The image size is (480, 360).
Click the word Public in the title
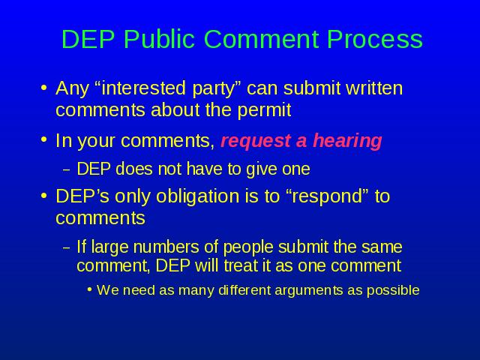159,40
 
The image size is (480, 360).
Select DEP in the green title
88,39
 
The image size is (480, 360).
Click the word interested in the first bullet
143,88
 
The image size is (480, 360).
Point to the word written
374,88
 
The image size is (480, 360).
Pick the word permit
264,110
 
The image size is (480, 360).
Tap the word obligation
197,196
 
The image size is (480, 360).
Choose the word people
248,247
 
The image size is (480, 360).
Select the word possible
393,290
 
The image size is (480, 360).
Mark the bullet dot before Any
44,88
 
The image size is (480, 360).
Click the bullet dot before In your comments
44,140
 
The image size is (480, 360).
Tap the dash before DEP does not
67,170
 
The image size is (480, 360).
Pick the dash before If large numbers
67,248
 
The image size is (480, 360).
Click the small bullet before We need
90,289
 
